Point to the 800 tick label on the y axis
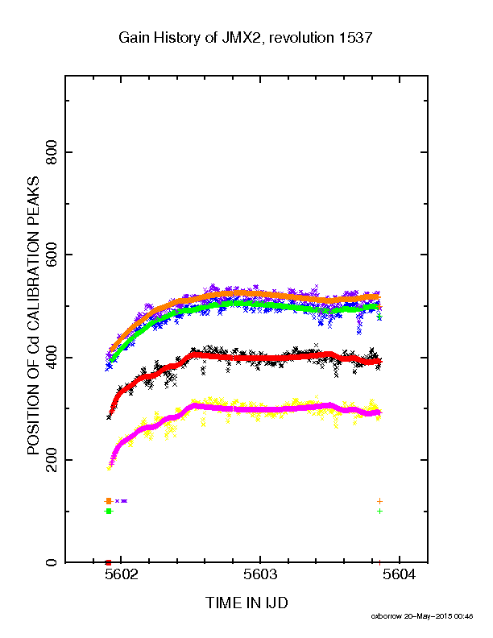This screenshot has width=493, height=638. point(52,152)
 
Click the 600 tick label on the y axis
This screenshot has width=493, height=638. point(52,255)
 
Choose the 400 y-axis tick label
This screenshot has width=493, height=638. point(52,357)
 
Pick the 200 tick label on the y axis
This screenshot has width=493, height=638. point(52,460)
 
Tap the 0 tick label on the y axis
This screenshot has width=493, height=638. point(52,563)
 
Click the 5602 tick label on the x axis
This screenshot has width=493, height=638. point(121,575)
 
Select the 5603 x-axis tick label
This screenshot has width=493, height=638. point(260,575)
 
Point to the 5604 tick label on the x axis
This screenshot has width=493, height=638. point(400,575)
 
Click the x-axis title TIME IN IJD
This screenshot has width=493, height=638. point(247,603)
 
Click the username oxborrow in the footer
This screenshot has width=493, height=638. point(386,616)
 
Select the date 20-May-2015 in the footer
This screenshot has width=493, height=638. point(428,616)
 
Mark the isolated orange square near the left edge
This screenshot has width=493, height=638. point(108,501)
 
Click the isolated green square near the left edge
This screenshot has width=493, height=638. point(108,511)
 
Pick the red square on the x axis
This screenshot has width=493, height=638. point(108,563)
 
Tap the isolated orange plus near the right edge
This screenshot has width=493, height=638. point(380,501)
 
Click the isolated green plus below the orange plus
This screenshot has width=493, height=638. point(380,511)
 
